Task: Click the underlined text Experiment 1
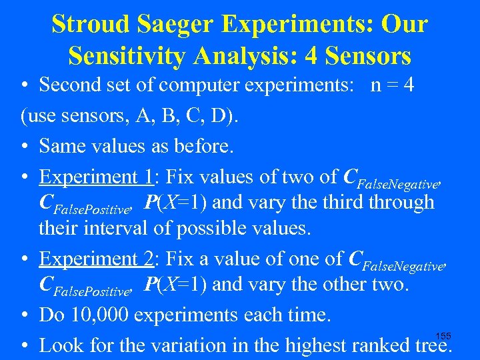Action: click(x=97, y=177)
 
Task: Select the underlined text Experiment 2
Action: click(x=97, y=258)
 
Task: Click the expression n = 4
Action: click(x=393, y=85)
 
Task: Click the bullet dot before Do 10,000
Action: click(x=25, y=314)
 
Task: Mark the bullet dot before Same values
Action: click(x=25, y=145)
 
